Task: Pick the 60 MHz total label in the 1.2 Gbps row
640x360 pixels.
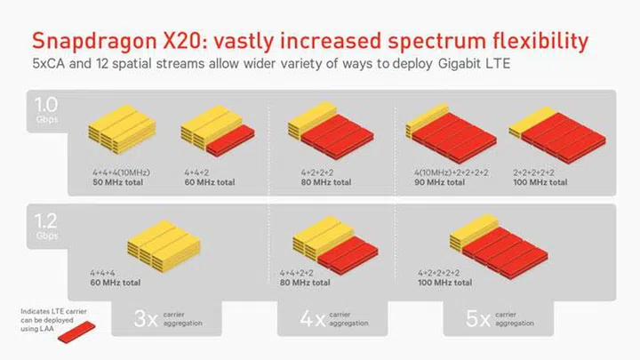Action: click(x=115, y=283)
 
